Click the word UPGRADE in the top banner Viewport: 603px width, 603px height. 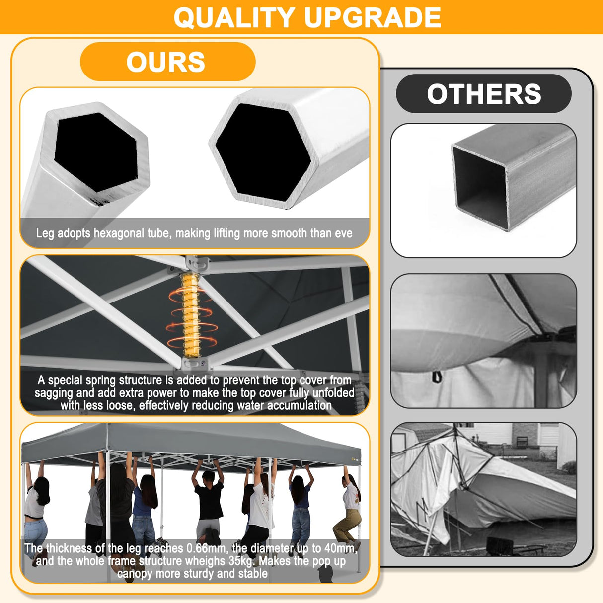(373, 17)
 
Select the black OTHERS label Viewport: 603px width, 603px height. (484, 94)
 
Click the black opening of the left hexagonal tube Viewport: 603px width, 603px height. (95, 151)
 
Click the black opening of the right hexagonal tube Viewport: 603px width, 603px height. (263, 151)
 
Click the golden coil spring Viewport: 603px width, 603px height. (191, 315)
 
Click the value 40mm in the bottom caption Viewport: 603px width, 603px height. (340, 548)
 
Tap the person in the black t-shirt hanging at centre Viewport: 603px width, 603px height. (209, 502)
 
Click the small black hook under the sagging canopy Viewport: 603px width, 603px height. (436, 377)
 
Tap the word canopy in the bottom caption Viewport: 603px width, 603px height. (134, 574)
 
